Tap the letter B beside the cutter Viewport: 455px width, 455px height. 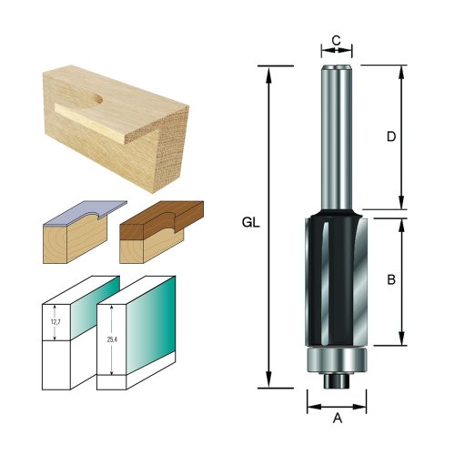click(390, 280)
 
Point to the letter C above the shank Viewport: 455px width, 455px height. click(336, 40)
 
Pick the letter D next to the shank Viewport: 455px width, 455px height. click(390, 137)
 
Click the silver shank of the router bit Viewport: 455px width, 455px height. click(337, 136)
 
